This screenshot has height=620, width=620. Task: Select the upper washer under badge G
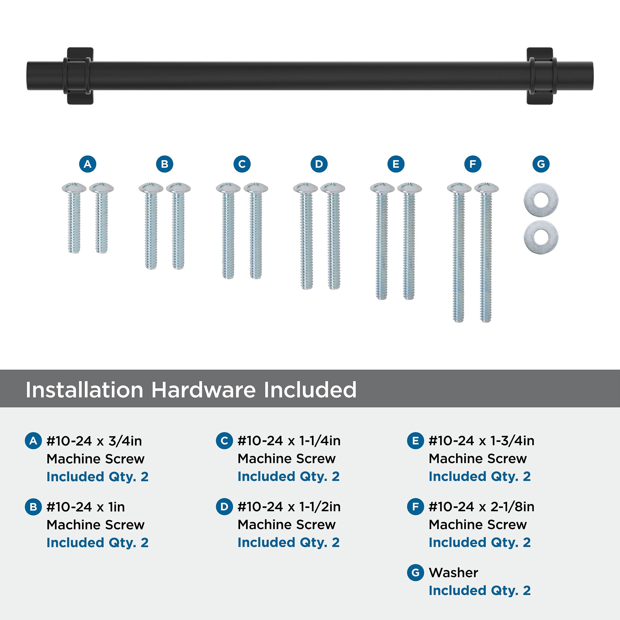pyautogui.click(x=541, y=200)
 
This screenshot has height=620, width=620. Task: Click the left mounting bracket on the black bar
pyautogui.click(x=80, y=76)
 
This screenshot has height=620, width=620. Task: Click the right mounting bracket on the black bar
pyautogui.click(x=540, y=76)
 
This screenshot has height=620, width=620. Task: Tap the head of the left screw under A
pyautogui.click(x=74, y=187)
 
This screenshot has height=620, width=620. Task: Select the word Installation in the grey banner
pyautogui.click(x=84, y=390)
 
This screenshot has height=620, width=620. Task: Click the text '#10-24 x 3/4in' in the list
pyautogui.click(x=94, y=441)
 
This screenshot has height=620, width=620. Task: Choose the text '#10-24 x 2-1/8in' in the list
pyautogui.click(x=481, y=507)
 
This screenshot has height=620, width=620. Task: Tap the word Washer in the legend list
pyautogui.click(x=453, y=572)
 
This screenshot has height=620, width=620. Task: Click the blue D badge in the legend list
pyautogui.click(x=224, y=507)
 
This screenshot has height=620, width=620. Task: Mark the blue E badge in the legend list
pyautogui.click(x=415, y=441)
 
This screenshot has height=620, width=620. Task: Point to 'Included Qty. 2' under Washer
pyautogui.click(x=479, y=590)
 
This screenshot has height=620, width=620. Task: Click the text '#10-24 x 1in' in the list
pyautogui.click(x=86, y=507)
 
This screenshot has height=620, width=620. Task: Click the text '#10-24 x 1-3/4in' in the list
pyautogui.click(x=481, y=441)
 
